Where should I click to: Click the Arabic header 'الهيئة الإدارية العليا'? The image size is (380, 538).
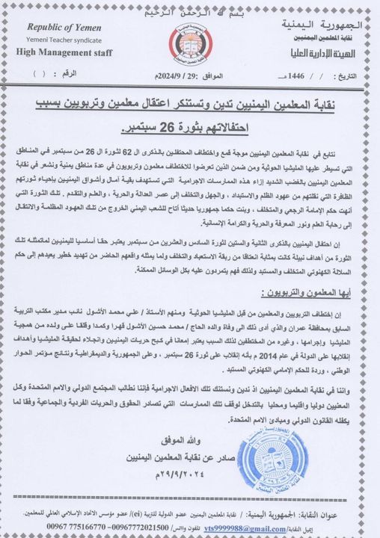tap(330, 53)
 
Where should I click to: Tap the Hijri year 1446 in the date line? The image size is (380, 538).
tap(295, 77)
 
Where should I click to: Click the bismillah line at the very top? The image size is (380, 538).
tap(190, 7)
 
